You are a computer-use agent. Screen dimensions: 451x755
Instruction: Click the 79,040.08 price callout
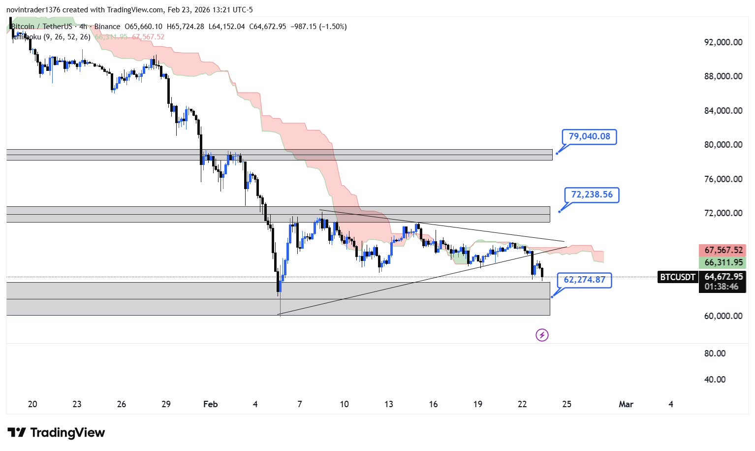click(589, 136)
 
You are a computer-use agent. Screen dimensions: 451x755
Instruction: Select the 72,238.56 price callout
click(592, 194)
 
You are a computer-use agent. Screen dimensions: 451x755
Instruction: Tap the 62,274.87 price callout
click(584, 280)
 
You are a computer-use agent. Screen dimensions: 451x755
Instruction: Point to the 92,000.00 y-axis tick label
click(723, 42)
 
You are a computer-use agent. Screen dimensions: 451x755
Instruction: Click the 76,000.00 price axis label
click(723, 179)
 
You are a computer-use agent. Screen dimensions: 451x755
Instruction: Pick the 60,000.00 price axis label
click(723, 316)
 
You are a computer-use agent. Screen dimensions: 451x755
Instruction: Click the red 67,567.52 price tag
click(723, 250)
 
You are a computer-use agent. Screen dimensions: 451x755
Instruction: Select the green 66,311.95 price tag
click(723, 263)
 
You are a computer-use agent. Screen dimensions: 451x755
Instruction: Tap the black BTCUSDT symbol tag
click(678, 277)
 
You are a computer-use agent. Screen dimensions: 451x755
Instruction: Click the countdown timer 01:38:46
click(721, 287)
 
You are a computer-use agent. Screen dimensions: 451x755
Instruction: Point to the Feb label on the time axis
click(210, 404)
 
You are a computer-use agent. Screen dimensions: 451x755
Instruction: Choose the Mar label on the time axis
click(626, 404)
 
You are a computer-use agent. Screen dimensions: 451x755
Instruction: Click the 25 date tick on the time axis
click(567, 404)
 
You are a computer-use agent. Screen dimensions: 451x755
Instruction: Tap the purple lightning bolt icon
click(542, 335)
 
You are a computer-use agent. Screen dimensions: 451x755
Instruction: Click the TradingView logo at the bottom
click(56, 433)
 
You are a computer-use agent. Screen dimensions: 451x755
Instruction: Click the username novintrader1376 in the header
click(33, 10)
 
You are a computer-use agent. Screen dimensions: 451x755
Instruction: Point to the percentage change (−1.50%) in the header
click(333, 27)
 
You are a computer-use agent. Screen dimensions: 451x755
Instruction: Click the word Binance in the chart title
click(107, 27)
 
